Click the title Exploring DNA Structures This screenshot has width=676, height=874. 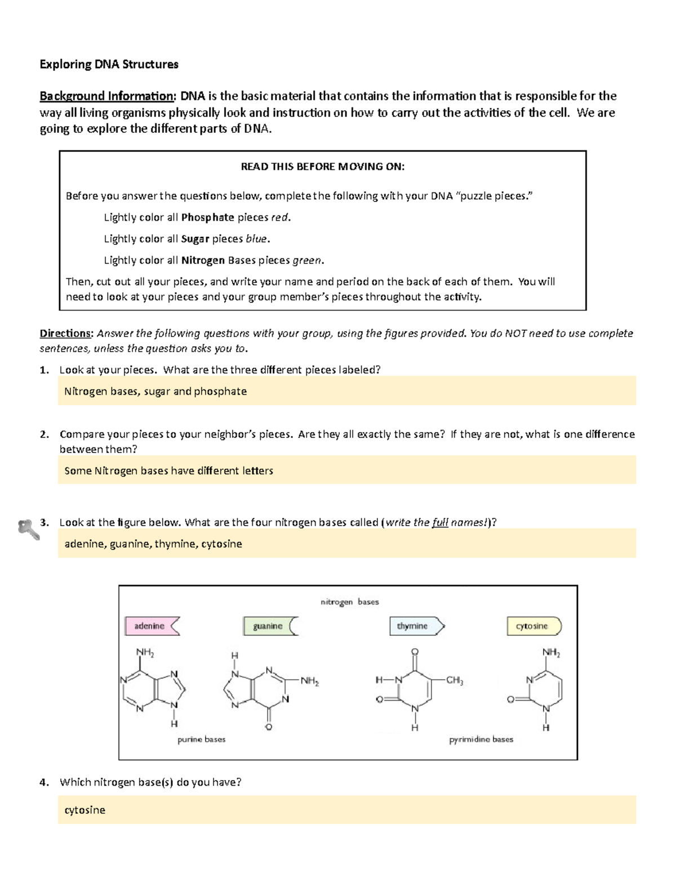[x=109, y=64]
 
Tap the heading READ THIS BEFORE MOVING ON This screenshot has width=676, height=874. [x=323, y=167]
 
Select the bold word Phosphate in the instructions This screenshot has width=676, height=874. [x=207, y=217]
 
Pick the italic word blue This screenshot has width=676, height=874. [x=256, y=239]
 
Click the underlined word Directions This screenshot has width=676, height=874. [x=65, y=333]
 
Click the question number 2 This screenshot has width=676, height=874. [x=44, y=434]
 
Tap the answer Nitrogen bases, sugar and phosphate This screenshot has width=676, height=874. [x=155, y=391]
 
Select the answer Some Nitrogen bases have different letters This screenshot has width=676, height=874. [x=168, y=470]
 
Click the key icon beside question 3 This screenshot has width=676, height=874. [x=28, y=529]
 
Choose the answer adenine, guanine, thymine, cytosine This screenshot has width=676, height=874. [x=153, y=544]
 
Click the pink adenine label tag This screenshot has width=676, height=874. [x=150, y=626]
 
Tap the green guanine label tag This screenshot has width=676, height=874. [x=269, y=626]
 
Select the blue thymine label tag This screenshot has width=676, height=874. [x=415, y=626]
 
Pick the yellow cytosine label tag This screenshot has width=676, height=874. [x=532, y=626]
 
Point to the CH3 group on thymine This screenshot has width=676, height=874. [x=455, y=680]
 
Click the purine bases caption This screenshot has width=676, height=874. [x=201, y=739]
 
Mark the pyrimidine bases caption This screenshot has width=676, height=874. [x=481, y=739]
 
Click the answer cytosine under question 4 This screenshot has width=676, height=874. [x=85, y=810]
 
